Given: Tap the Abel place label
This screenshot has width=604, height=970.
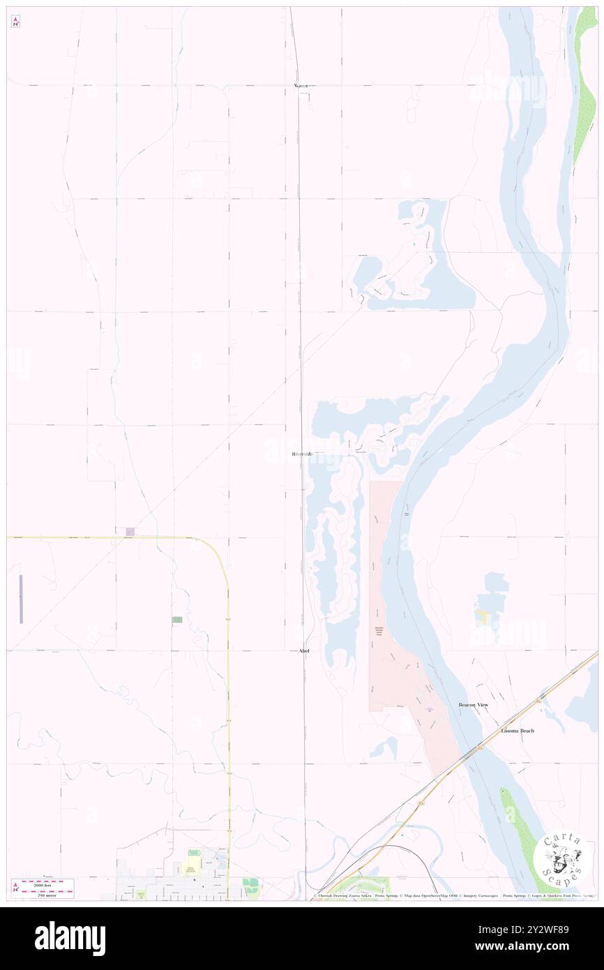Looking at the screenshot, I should [303, 650].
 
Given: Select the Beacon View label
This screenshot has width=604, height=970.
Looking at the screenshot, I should [473, 705].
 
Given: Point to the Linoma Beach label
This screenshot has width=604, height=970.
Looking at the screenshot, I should [518, 731].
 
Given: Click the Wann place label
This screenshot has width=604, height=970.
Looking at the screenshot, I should [301, 85].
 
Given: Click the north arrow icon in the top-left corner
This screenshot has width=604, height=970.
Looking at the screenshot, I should [15, 22].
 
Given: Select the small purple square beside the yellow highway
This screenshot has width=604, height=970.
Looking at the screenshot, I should [130, 532].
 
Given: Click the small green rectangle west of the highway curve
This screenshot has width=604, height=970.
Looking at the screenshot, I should [177, 620].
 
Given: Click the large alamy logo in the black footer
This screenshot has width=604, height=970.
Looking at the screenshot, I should [70, 939].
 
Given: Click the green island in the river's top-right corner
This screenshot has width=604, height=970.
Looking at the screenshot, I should [584, 84].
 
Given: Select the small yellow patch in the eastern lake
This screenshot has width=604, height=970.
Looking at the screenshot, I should [481, 617].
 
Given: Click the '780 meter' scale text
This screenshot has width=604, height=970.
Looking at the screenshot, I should [47, 893].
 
